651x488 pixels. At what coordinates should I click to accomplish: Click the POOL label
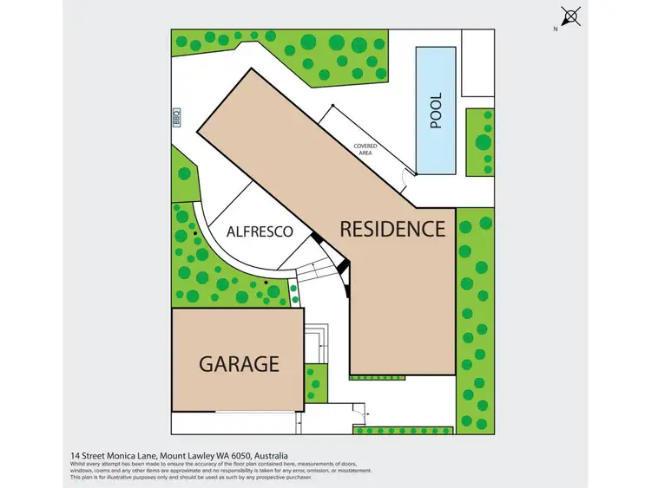tap(437, 111)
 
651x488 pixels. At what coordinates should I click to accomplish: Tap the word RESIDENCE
tap(392, 229)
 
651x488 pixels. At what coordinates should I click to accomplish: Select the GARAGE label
tap(240, 362)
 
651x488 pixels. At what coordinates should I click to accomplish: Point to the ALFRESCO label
tap(259, 232)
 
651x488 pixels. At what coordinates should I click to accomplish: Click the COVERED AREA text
tap(365, 150)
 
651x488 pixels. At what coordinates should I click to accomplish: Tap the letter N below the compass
tap(556, 29)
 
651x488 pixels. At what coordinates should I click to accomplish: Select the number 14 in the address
tap(75, 455)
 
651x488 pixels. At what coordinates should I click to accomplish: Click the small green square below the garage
tap(316, 382)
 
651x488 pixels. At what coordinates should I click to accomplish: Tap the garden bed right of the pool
tap(480, 142)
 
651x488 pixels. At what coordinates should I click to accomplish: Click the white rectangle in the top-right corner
tap(477, 62)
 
